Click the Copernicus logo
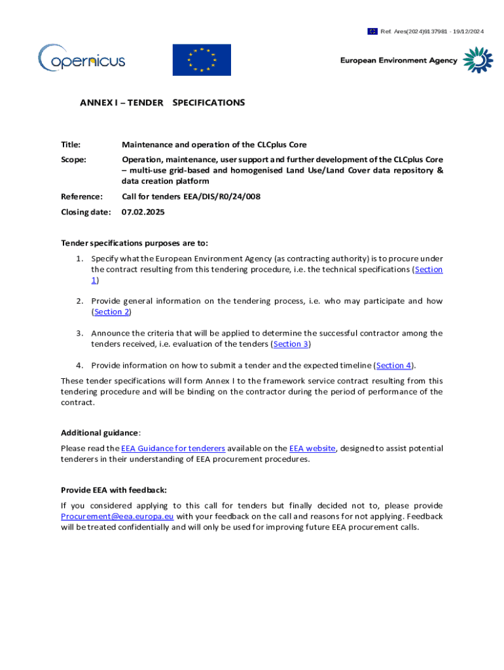81,60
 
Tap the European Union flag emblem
202,60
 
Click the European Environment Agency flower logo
478,60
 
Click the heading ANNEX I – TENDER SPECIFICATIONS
162,103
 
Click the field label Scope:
73,159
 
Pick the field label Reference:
82,196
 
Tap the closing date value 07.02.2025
143,212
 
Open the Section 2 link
112,312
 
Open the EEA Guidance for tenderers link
173,448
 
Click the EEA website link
312,448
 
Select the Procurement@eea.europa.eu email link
117,516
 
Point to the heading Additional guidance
99,432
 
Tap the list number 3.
78,334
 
